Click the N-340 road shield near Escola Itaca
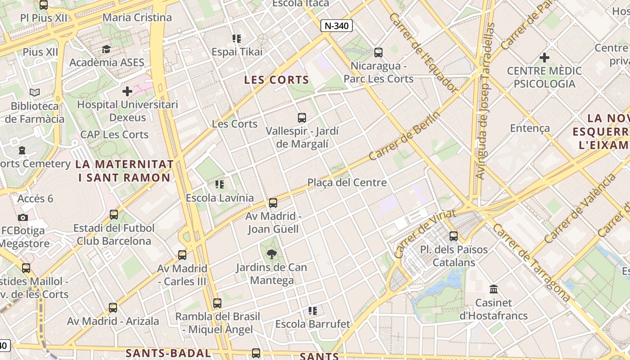336,26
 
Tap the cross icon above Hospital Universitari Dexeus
127,91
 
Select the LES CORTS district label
276,80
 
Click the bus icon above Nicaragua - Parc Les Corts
378,52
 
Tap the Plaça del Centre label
347,182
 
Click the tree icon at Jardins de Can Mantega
272,254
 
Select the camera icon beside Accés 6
23,217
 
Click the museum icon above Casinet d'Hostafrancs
493,289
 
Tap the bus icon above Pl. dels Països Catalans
454,236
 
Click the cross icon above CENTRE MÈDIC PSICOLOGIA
544,58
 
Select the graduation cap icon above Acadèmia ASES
107,49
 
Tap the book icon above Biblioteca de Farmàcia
35,93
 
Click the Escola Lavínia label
220,198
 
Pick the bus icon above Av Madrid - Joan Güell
273,203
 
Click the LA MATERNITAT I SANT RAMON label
125,171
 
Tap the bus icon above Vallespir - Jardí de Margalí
302,118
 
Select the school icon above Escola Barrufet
313,310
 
